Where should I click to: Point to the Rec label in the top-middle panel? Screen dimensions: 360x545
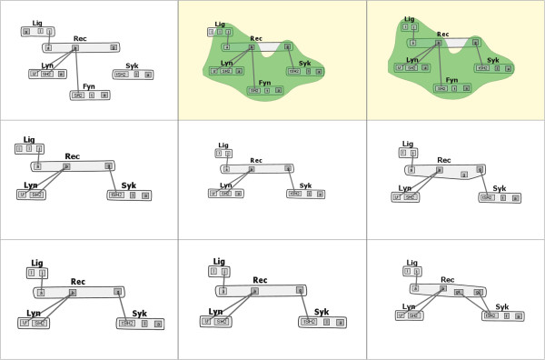tap(256, 38)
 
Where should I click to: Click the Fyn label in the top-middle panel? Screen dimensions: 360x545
tap(264, 83)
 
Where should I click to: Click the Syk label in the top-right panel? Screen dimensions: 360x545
tap(492, 60)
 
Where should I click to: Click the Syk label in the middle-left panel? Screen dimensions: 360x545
tap(128, 185)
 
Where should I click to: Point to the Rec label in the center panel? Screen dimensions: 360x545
tap(255, 160)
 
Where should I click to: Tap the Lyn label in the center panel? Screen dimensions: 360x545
tap(224, 185)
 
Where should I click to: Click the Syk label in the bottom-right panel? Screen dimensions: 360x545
tap(501, 307)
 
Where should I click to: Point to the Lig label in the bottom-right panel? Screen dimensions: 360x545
tap(412, 262)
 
